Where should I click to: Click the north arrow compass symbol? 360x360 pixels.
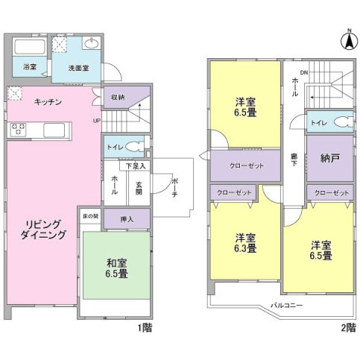pos(349,40)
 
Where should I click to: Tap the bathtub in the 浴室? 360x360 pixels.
pos(29,46)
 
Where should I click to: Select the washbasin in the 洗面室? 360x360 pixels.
pos(92,43)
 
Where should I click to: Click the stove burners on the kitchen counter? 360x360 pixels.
pos(18,130)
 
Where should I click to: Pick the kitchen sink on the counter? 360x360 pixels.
pos(54,130)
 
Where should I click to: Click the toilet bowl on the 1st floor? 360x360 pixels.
pos(134,147)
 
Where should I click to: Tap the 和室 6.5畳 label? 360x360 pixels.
pos(116,268)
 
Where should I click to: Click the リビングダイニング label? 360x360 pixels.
pos(42,230)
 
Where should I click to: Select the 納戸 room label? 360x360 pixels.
pos(329,158)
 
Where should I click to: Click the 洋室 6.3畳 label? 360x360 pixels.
pos(245,243)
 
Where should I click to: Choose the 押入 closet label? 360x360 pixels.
pos(127,219)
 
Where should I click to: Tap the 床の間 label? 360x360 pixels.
pos(90,216)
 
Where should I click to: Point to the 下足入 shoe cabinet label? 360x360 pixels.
pos(136,166)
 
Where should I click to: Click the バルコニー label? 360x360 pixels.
pos(286,305)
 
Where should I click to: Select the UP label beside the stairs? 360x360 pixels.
pos(96,121)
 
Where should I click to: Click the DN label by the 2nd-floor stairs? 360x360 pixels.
pos(304,73)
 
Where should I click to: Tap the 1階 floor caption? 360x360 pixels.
pos(145,328)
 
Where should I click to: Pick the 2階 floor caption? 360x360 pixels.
pos(348,328)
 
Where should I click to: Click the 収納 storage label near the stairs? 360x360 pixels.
pos(118,98)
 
